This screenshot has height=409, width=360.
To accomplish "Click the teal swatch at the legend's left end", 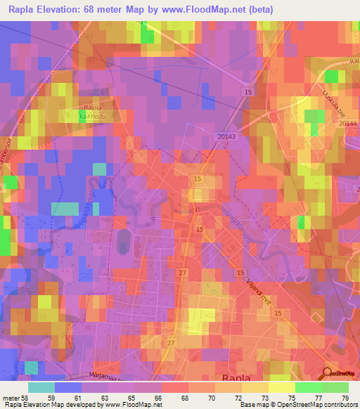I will pyautogui.click(x=42, y=387).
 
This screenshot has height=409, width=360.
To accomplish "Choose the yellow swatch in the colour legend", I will pyautogui.click(x=281, y=387).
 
